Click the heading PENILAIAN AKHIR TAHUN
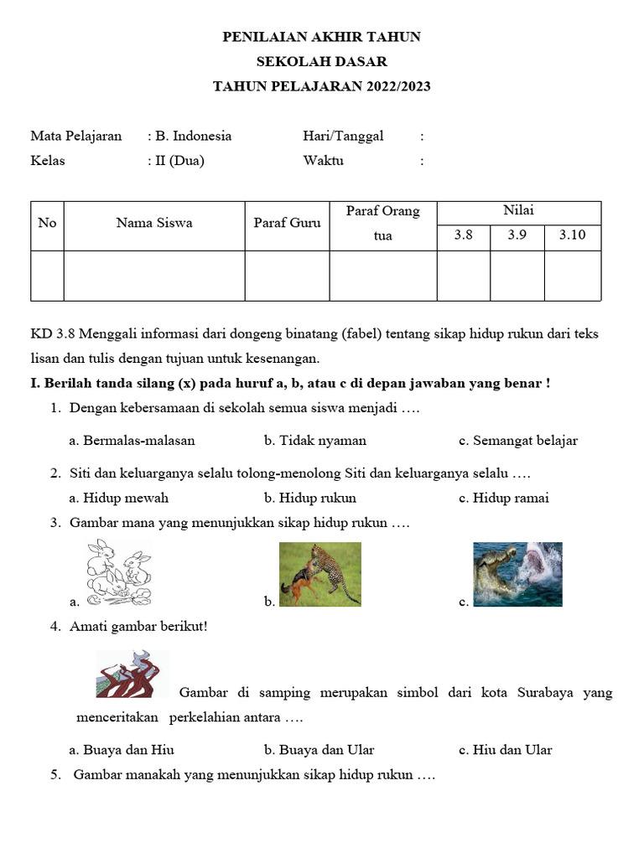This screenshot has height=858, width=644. pos(321,37)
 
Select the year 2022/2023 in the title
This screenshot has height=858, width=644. pos(397,86)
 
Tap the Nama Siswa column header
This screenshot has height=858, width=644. pos(154,223)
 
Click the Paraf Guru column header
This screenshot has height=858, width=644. pos(287,223)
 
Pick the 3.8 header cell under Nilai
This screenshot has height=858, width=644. pos(463,235)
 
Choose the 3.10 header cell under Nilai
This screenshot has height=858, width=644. pos(572,235)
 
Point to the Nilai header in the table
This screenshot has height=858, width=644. pos(518,211)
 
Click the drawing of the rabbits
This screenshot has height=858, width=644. pos(119,573)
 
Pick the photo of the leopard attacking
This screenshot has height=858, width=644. pos(319,574)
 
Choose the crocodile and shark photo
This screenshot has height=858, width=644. pos(517,574)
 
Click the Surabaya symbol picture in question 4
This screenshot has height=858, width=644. pos(132,674)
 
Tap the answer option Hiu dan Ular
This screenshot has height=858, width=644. pos(512,750)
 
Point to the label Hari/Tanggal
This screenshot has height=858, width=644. pos(343,136)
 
